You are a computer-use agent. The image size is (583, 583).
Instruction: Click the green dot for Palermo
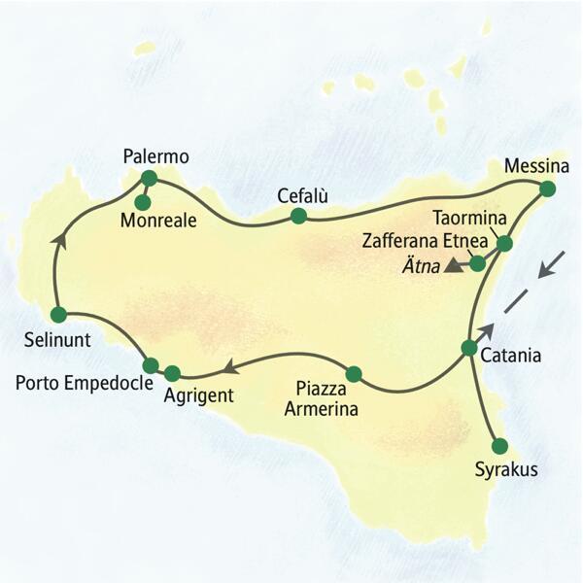click(x=149, y=178)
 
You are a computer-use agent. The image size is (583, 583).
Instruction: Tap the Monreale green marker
click(x=142, y=202)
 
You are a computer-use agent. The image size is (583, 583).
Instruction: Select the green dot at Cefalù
click(x=298, y=216)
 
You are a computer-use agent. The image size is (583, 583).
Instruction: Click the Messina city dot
click(x=547, y=189)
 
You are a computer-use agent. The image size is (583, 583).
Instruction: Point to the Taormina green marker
click(x=503, y=243)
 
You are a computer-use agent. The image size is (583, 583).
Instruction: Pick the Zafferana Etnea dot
click(x=477, y=262)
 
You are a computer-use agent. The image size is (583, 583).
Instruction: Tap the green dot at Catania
click(x=469, y=348)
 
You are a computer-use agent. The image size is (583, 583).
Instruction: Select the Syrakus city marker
click(x=499, y=446)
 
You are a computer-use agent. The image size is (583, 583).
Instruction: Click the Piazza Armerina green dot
click(x=353, y=373)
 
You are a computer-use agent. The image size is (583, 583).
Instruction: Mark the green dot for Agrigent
click(x=172, y=373)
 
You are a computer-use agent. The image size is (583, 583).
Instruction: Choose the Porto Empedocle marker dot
click(x=151, y=364)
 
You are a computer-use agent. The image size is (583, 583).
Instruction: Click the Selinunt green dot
click(x=57, y=314)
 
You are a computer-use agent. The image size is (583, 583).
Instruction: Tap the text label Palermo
click(x=156, y=155)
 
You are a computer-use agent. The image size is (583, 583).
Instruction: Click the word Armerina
click(x=322, y=409)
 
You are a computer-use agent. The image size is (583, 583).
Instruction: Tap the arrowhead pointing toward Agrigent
click(x=230, y=367)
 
